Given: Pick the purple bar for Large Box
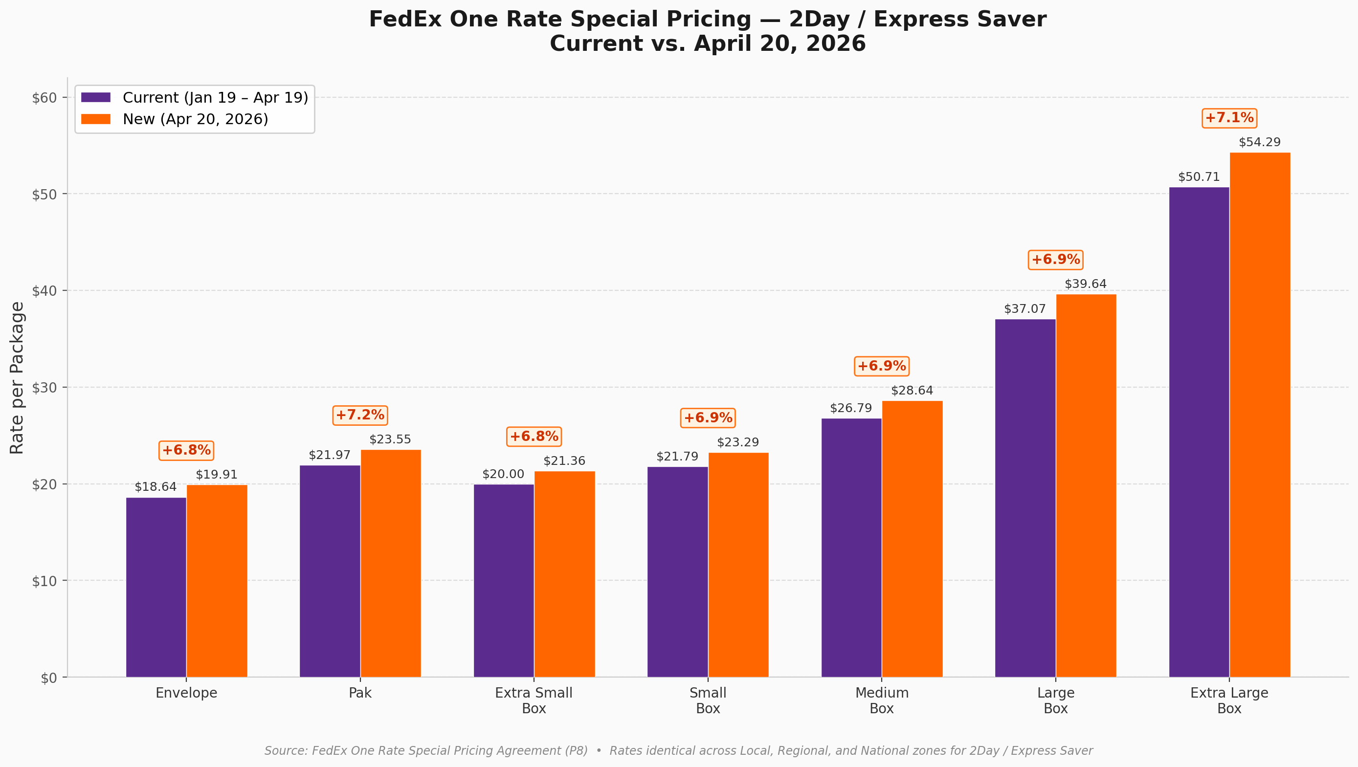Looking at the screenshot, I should (1025, 498).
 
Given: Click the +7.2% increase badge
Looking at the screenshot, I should (360, 416).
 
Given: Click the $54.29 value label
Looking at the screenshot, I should (1259, 142).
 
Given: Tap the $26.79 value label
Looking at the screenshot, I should (851, 409).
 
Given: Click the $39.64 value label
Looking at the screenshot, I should (1085, 284).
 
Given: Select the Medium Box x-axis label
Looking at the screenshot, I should (881, 701).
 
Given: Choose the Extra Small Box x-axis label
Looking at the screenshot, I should (534, 701).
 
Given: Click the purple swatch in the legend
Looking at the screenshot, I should (96, 97).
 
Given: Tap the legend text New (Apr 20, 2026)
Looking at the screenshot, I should (195, 120).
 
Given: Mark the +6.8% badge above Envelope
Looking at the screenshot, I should (186, 451).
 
